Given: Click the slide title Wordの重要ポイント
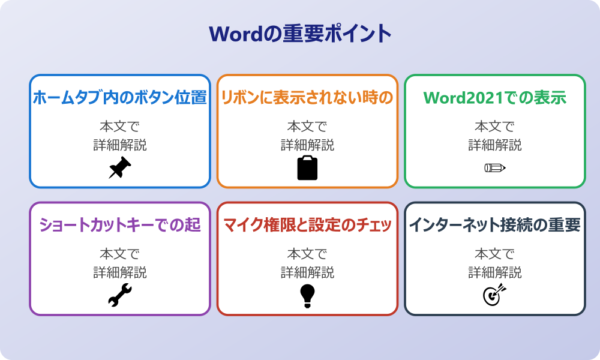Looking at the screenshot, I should click(x=300, y=34).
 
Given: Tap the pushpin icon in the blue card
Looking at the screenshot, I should click(x=119, y=168).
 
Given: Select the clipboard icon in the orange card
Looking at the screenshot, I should click(x=307, y=168).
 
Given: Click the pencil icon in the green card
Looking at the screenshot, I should click(x=495, y=168).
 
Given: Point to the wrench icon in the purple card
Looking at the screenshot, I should click(x=119, y=296).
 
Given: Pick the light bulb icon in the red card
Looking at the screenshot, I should click(x=307, y=296).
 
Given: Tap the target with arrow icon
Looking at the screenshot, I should click(x=495, y=296).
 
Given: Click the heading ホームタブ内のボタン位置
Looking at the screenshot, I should click(x=119, y=97).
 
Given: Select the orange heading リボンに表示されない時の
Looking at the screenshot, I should click(x=307, y=97).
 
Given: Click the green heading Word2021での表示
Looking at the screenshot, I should click(x=495, y=97).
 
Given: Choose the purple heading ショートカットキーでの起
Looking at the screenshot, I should click(x=119, y=225).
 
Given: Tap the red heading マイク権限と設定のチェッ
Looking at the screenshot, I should click(x=307, y=225).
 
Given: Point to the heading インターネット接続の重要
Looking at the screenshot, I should click(x=495, y=225).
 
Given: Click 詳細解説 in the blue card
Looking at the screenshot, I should click(x=119, y=145).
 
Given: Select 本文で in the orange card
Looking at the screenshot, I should click(x=307, y=127).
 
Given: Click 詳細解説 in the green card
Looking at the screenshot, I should click(x=495, y=145).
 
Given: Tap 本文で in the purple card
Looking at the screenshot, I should click(x=119, y=254).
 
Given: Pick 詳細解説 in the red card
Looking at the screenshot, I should click(x=307, y=272).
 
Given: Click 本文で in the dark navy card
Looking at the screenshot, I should click(x=495, y=254).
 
